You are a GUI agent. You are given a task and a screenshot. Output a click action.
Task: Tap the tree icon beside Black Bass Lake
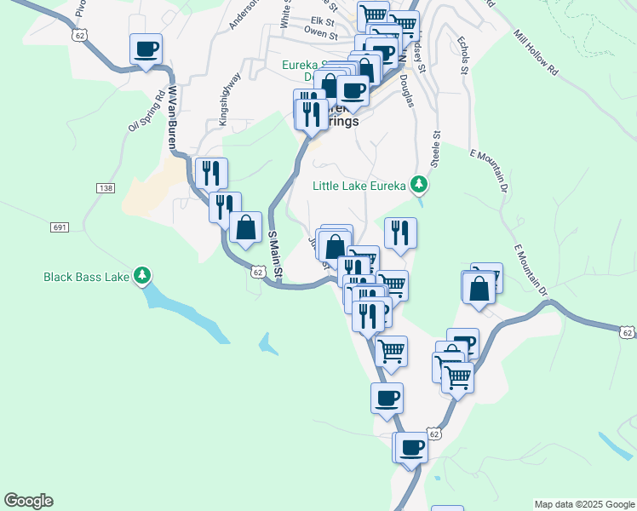point(144,275)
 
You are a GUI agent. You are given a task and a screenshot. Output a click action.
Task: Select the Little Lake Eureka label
point(360,184)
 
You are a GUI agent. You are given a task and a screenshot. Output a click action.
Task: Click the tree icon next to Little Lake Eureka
point(418,184)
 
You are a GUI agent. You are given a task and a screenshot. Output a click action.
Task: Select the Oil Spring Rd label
point(144,112)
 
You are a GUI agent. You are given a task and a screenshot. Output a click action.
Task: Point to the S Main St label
point(273,254)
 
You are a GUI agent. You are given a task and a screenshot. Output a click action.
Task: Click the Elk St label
point(324,20)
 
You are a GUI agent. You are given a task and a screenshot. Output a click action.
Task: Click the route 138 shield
point(106,187)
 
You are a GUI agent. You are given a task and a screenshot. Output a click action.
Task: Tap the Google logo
point(28,501)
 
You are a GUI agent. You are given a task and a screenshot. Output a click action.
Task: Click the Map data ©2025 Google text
point(583,504)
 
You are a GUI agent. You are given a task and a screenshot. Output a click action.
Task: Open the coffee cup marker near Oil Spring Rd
point(146,49)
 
